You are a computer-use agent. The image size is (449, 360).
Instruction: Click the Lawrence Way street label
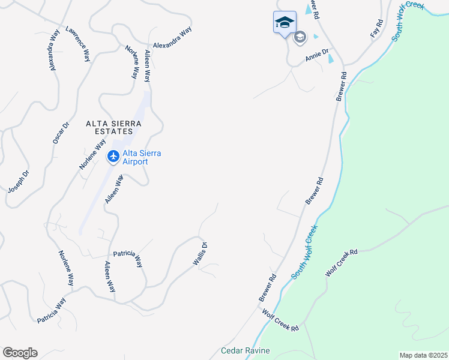pyautogui.click(x=78, y=44)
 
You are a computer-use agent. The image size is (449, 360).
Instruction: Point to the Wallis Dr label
pyautogui.click(x=200, y=254)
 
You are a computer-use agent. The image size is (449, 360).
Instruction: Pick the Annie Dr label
pyautogui.click(x=317, y=56)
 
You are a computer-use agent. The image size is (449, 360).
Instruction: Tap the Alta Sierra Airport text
pyautogui.click(x=142, y=157)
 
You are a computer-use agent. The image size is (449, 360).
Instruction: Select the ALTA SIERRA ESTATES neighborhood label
pyautogui.click(x=113, y=127)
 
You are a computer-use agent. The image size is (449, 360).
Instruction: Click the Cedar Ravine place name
pyautogui.click(x=246, y=350)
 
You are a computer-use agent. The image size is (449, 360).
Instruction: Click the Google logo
pyautogui.click(x=20, y=353)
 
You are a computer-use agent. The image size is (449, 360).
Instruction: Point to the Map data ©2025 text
pyautogui.click(x=423, y=355)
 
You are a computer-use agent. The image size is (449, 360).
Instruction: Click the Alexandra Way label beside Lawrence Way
pyautogui.click(x=55, y=52)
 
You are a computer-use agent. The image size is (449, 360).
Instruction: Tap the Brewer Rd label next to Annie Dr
pyautogui.click(x=342, y=86)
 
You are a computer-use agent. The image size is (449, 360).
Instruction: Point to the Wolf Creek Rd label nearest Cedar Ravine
pyautogui.click(x=280, y=320)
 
